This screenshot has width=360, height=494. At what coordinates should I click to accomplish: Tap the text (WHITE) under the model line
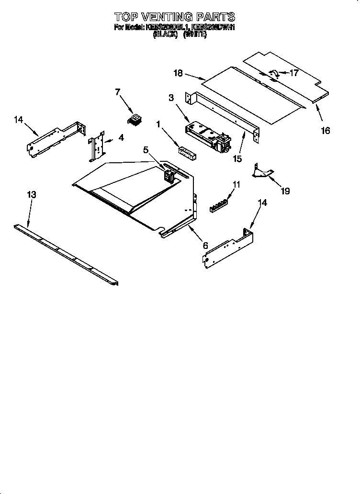[195, 35]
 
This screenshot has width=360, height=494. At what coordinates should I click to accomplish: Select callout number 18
[179, 73]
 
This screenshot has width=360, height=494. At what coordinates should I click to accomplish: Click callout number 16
[326, 130]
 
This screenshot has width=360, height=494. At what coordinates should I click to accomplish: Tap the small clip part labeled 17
[274, 73]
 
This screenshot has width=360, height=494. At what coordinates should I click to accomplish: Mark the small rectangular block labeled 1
[186, 152]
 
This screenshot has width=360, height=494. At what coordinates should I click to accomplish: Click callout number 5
[146, 150]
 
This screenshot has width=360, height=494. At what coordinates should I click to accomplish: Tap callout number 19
[285, 191]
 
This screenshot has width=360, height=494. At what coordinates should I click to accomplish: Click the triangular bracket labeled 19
[261, 171]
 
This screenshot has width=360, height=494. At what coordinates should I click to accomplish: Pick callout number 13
[32, 195]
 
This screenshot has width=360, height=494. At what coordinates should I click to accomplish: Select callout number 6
[206, 246]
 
